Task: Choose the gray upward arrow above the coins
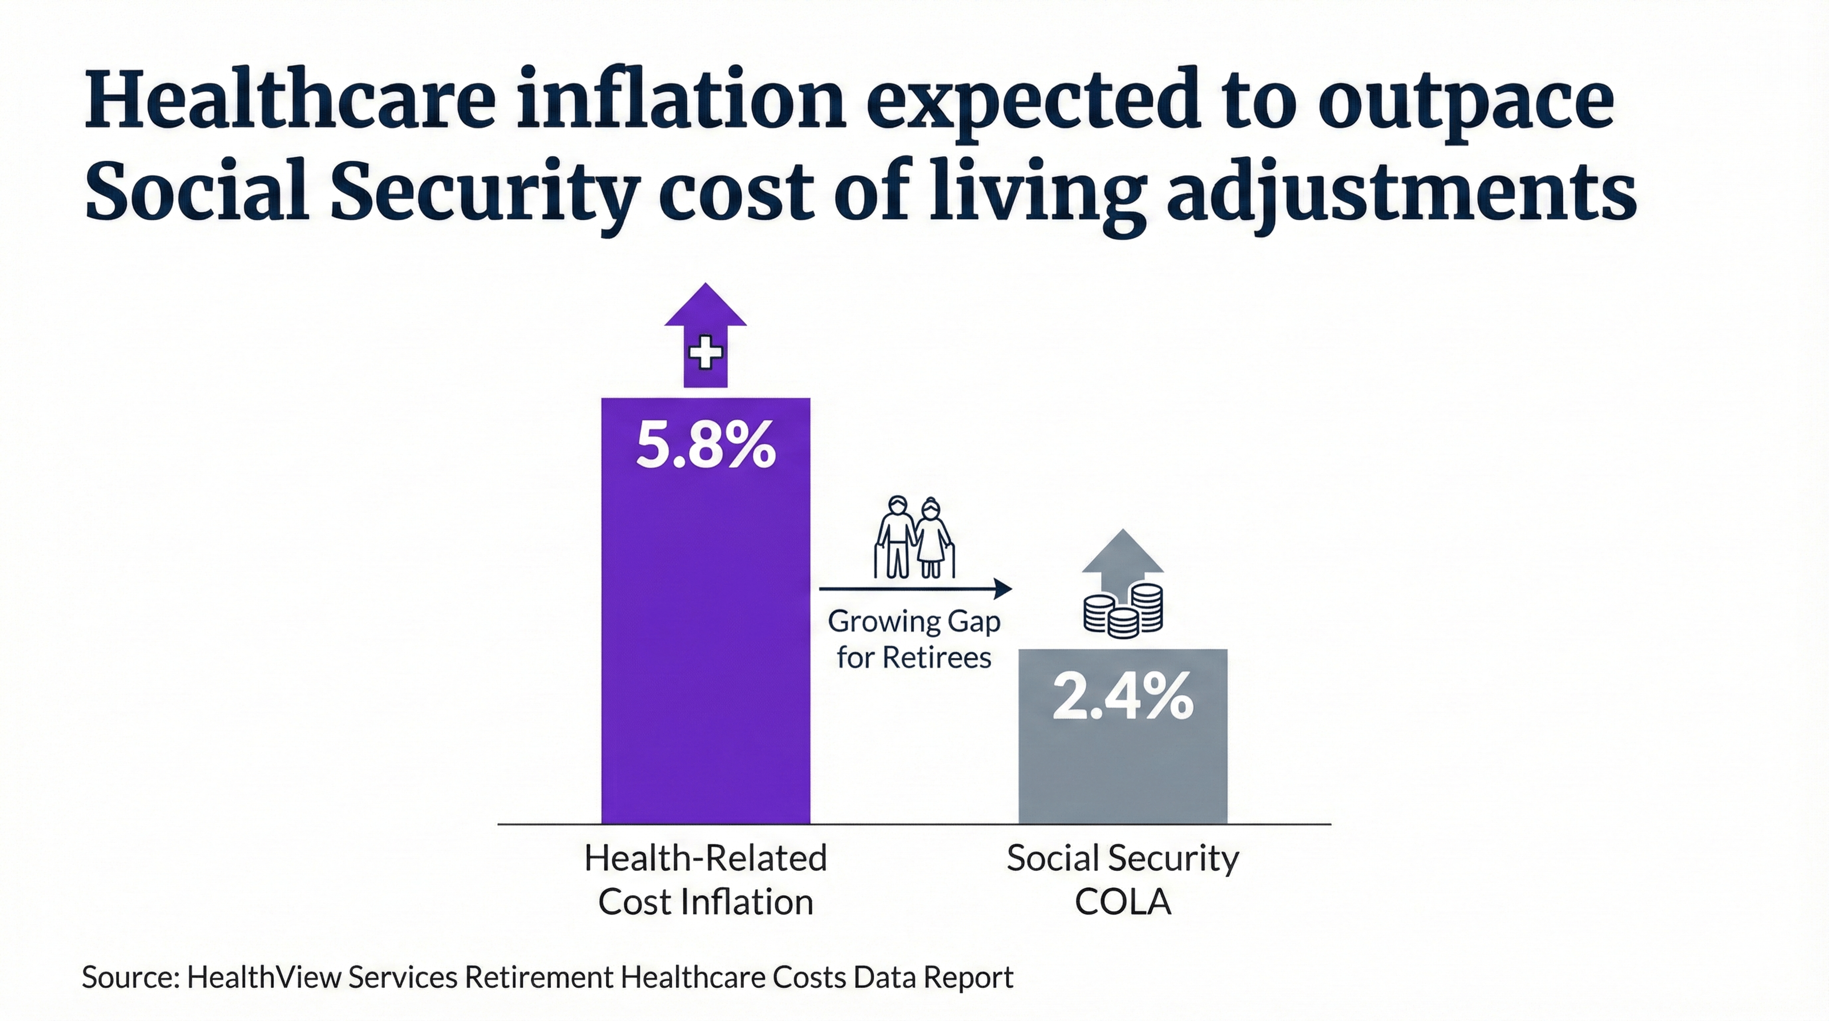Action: click(1123, 557)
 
